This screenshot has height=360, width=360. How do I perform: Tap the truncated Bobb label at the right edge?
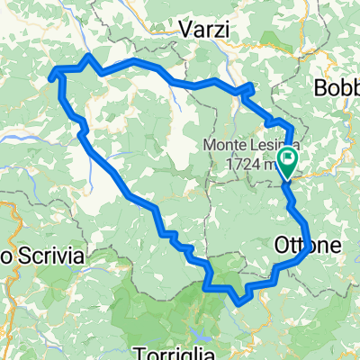point(338,88)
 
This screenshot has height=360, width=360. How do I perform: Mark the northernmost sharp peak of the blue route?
point(88,57)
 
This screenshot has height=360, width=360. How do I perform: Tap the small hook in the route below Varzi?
point(246,89)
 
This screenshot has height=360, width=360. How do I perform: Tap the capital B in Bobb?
point(322,88)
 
